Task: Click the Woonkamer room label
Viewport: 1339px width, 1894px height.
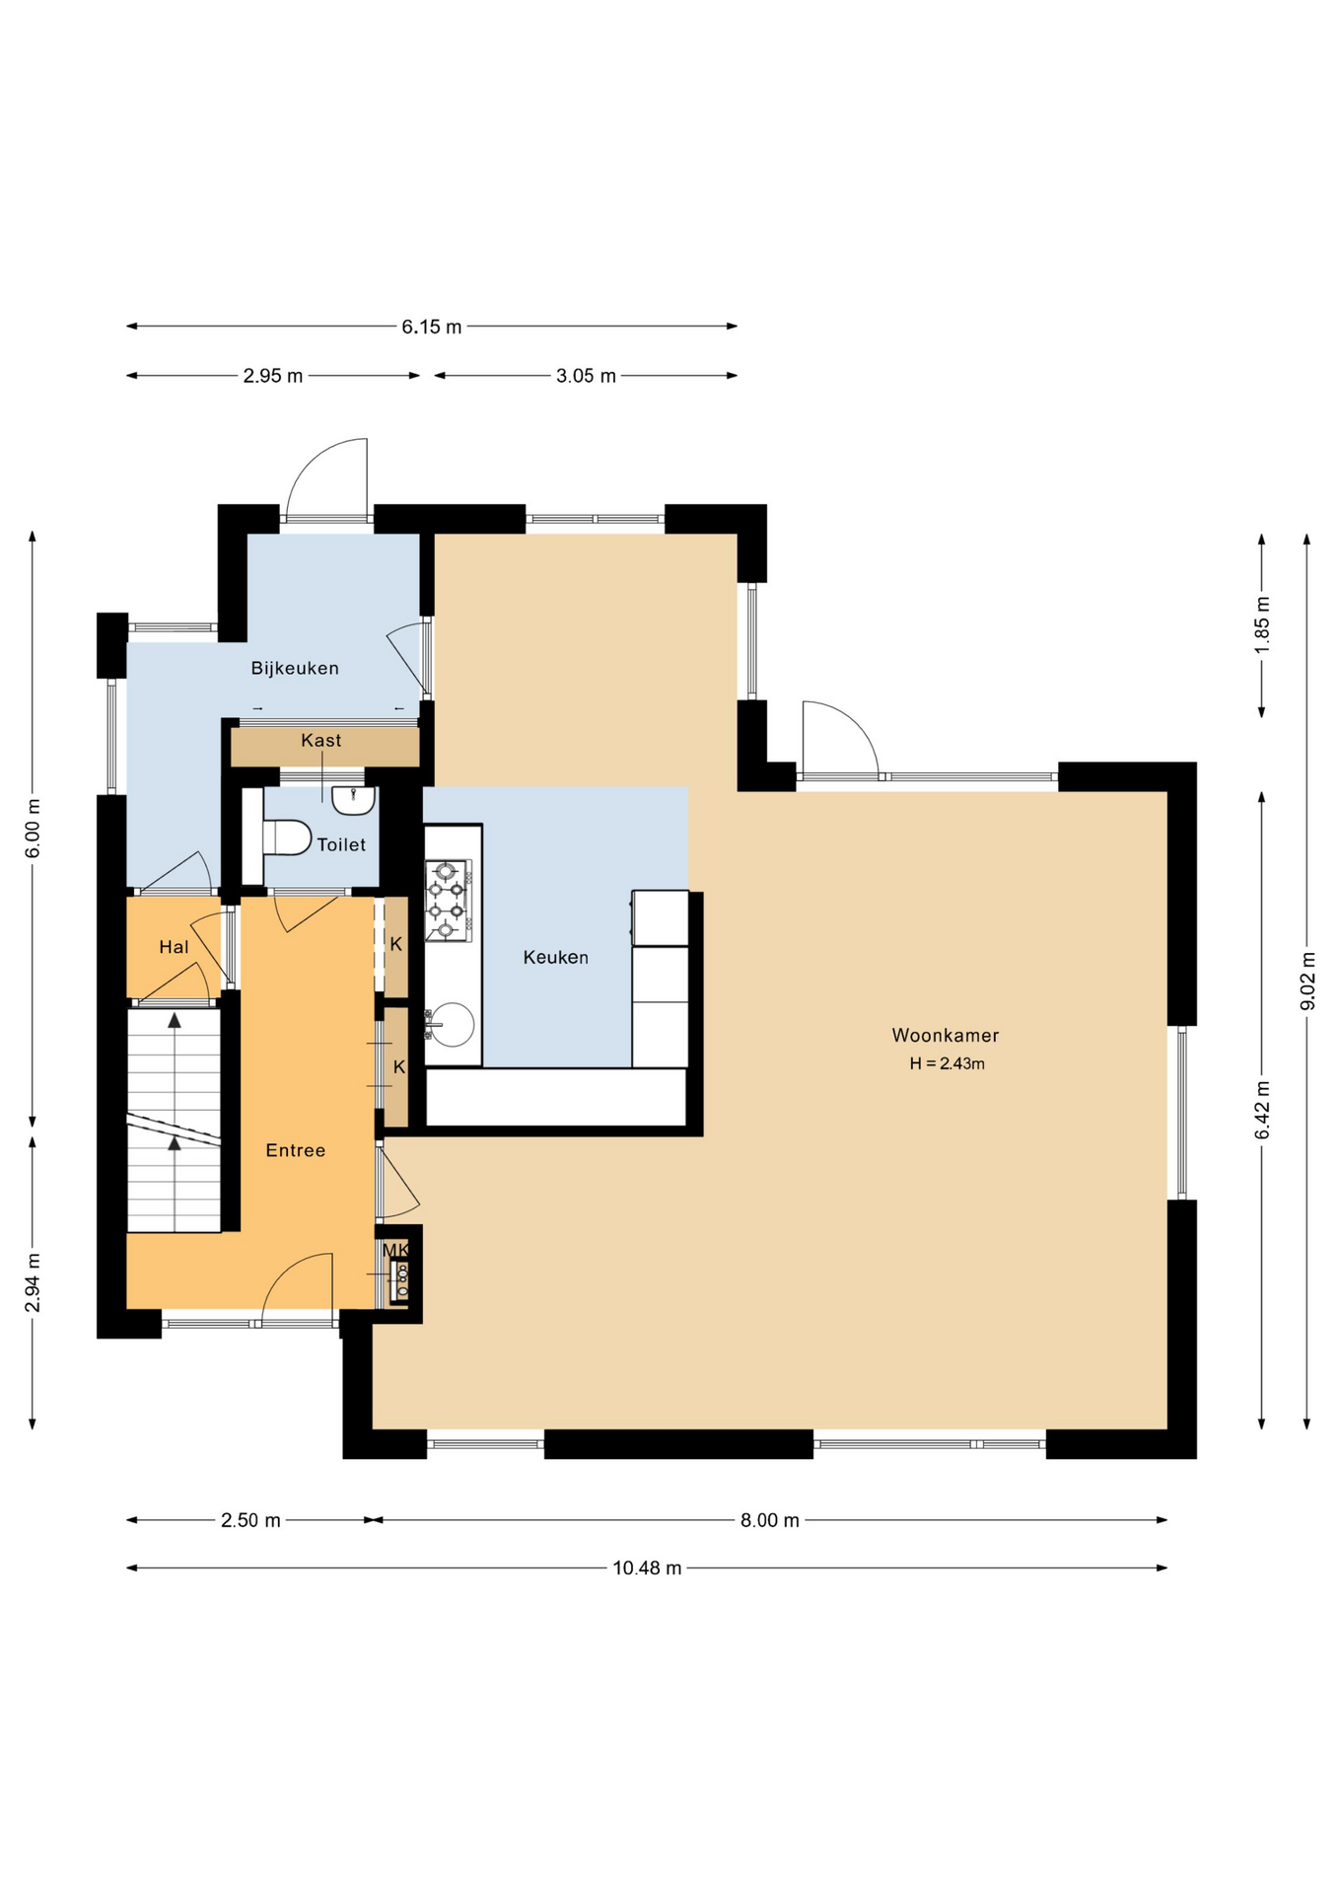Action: tap(945, 1035)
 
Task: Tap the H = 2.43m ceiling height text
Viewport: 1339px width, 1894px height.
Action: tap(947, 1063)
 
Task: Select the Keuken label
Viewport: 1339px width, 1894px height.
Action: tap(555, 957)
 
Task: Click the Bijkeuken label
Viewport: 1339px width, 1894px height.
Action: tap(294, 668)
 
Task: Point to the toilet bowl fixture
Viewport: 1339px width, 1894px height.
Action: tap(285, 838)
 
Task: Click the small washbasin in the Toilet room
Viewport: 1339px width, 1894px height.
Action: tap(352, 800)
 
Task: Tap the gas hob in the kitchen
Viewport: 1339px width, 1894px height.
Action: tap(446, 900)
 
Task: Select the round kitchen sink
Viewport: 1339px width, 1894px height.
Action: tap(450, 1023)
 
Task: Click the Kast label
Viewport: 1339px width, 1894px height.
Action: tap(320, 740)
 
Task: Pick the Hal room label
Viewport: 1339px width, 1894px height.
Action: tap(174, 947)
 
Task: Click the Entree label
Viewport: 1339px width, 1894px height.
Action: tap(295, 1150)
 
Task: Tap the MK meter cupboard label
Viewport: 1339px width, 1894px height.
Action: tap(395, 1250)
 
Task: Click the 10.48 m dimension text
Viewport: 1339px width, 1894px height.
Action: tap(647, 1567)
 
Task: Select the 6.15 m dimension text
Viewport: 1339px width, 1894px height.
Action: tap(431, 327)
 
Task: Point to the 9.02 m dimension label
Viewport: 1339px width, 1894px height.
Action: tap(1307, 981)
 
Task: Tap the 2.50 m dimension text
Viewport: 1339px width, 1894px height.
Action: tap(250, 1520)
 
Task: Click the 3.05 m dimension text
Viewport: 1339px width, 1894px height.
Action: tap(586, 376)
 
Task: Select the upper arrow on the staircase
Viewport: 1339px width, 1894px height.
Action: tap(175, 1020)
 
